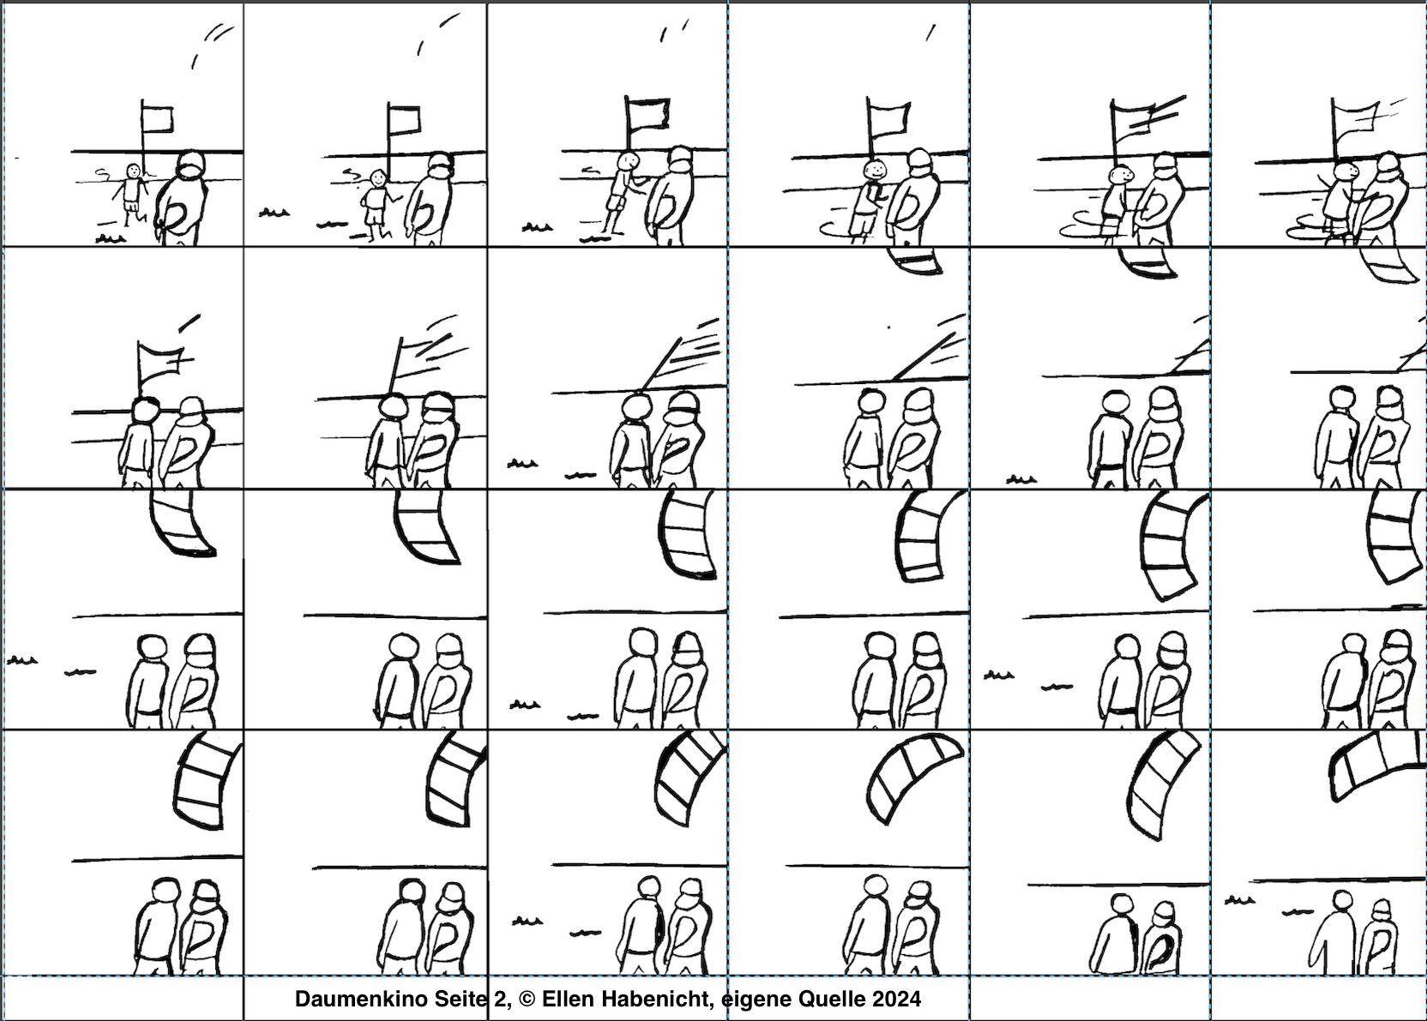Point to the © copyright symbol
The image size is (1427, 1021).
(x=527, y=999)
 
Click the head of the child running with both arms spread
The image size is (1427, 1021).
(x=133, y=171)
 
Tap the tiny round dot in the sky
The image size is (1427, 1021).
(x=889, y=327)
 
